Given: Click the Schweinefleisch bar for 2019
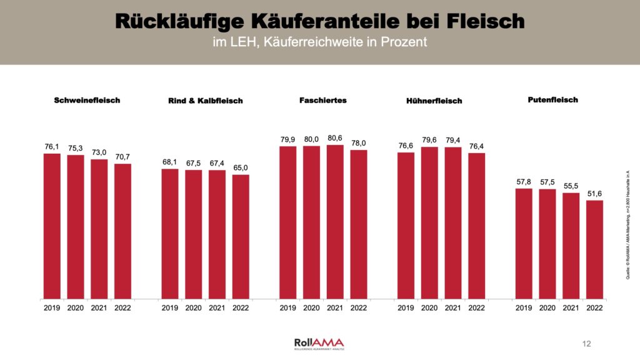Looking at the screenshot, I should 52,226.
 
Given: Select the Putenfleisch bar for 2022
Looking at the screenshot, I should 594,249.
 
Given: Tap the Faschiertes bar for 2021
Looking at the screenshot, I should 335,222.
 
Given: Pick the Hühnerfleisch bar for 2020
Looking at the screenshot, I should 429,222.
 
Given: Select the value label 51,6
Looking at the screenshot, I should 594,194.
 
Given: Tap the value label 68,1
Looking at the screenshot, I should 170,162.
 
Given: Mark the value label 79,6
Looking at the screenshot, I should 429,140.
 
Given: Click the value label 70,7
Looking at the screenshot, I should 123,157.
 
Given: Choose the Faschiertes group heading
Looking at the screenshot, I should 323,100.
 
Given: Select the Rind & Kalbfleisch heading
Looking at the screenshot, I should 205,101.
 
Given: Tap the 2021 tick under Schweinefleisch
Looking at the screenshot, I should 99,307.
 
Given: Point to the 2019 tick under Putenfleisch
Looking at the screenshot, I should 524,307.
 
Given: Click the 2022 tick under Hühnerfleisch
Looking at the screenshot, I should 476,307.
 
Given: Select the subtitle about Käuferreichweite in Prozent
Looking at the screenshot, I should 319,42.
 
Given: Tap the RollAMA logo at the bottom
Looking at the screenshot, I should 319,343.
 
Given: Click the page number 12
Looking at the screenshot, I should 586,344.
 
